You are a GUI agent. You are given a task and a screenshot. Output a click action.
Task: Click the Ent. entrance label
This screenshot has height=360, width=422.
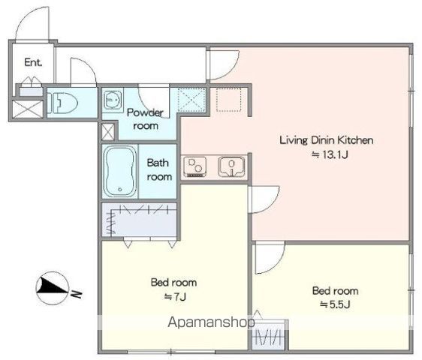[33, 62]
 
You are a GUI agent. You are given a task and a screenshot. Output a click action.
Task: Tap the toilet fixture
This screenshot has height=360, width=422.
[62, 103]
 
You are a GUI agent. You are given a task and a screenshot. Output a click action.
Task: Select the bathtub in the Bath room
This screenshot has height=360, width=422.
[119, 171]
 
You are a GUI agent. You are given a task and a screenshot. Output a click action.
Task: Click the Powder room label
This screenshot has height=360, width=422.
[146, 119]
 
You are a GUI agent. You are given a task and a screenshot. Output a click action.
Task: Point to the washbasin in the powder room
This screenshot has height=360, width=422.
[113, 100]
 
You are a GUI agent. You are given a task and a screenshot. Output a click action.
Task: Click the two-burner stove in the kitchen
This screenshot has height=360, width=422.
[195, 167]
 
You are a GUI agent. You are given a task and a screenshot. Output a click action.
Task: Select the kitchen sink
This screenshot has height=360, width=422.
[232, 166]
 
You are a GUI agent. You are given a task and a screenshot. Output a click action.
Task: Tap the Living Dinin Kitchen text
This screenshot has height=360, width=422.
[327, 140]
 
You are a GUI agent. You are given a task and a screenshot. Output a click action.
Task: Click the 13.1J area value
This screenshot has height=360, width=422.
[330, 154]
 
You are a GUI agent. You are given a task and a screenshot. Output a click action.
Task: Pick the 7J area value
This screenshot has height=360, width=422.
[175, 296]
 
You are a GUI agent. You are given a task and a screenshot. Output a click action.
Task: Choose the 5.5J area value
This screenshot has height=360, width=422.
[335, 304]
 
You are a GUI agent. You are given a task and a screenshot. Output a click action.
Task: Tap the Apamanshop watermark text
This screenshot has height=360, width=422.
[211, 322]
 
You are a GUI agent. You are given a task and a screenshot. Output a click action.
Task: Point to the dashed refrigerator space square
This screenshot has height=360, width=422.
[229, 100]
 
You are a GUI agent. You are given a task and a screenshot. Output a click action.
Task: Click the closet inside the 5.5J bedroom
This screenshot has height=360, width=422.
[269, 334]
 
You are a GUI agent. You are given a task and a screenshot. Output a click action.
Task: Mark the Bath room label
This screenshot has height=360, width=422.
[159, 169]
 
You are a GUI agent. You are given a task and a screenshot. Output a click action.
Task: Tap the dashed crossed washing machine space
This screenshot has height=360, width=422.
[191, 100]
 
